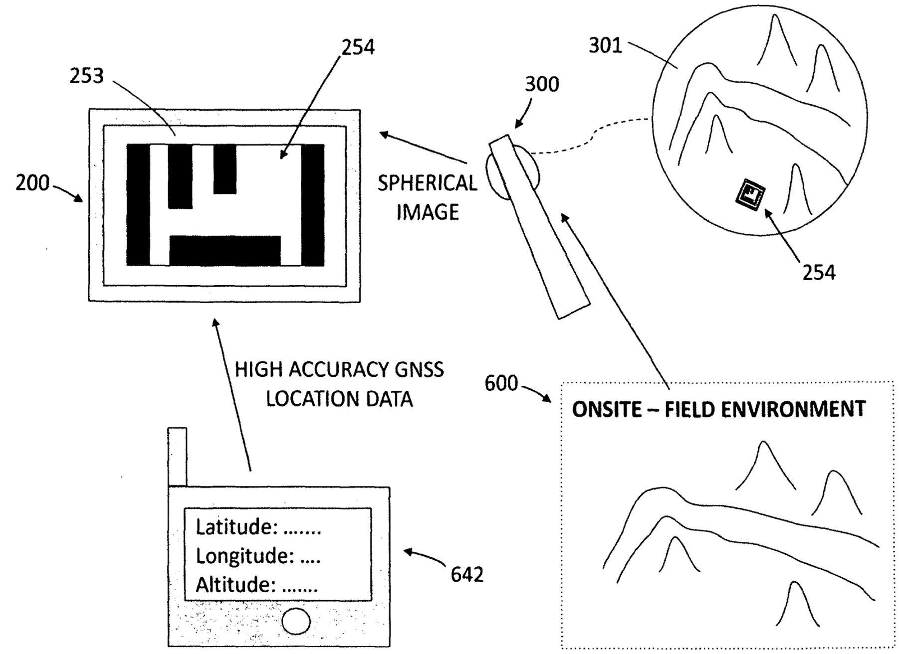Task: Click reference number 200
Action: pos(32,183)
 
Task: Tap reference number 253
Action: pos(86,76)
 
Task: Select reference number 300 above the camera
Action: pos(542,84)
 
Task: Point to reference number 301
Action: pos(606,46)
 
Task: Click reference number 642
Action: pos(467,575)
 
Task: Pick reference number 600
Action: pos(501,383)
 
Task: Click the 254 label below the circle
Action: pos(819,273)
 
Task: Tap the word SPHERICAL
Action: pos(428,183)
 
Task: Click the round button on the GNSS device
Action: pos(296,621)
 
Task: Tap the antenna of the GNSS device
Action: pos(177,457)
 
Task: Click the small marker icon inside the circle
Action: pos(750,194)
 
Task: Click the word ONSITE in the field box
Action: pos(607,409)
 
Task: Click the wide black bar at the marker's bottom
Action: pos(225,251)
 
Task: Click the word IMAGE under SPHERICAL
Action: pos(428,212)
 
